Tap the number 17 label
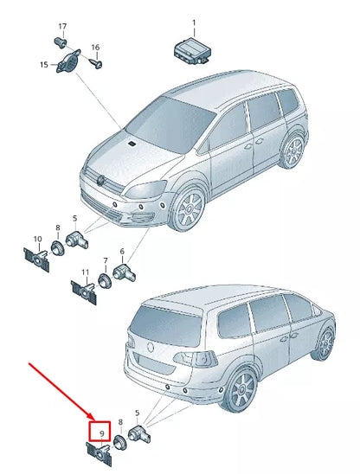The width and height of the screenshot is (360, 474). coord(61,27)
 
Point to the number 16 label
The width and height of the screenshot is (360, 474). coord(95,47)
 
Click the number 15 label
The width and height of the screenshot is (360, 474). coord(43,64)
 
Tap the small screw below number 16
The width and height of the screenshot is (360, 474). coord(100,62)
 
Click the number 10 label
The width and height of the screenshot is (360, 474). coord(37,239)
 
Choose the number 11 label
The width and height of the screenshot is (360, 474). coord(86,273)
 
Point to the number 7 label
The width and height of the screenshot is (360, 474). coord(105,260)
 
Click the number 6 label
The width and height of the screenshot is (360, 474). coord(122,252)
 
